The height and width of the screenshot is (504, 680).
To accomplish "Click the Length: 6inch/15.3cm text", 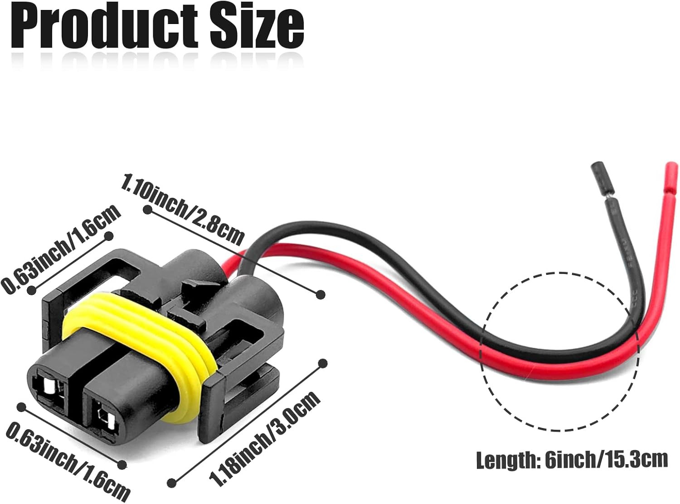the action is (x=572, y=460).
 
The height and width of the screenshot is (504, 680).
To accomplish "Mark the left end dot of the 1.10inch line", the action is (x=147, y=210).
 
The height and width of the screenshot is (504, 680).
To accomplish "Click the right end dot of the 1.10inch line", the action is (x=321, y=295).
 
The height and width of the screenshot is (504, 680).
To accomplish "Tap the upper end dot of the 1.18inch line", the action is (x=323, y=363).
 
